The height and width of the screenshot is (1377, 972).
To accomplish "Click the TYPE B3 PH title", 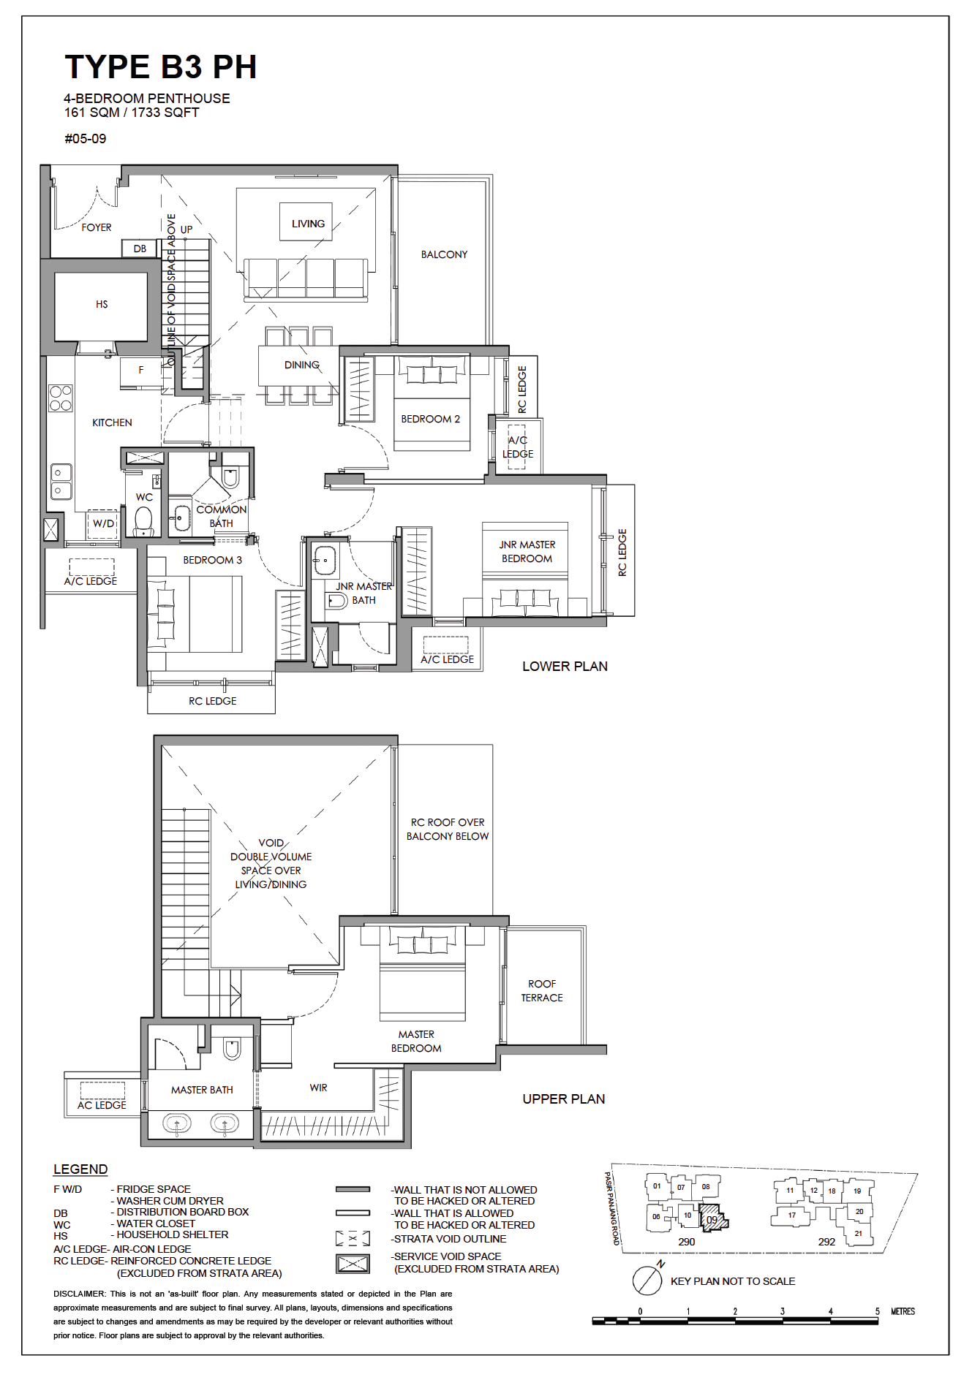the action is tap(161, 67).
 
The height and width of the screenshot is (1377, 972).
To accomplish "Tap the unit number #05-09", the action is tap(86, 139).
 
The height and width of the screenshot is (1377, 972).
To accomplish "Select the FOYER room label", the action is tap(97, 227).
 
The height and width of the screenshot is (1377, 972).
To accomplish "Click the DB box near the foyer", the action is tap(140, 249).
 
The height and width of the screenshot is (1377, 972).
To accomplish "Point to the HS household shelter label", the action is tap(102, 304).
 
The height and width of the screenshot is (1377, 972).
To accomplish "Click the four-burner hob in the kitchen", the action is tap(61, 398).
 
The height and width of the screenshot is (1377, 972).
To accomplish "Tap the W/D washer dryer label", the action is tap(103, 523).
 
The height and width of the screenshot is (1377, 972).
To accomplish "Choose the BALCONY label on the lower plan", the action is tap(444, 254).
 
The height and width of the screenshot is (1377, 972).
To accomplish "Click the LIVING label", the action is tap(308, 224).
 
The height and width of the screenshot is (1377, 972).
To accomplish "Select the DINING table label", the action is tap(302, 365).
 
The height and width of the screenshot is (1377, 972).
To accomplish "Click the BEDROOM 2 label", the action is tap(430, 419).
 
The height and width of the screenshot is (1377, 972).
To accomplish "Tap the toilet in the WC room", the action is tap(144, 522).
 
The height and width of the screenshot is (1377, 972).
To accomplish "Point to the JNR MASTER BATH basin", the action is tap(324, 561).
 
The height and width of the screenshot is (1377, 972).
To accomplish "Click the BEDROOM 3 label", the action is tap(212, 560).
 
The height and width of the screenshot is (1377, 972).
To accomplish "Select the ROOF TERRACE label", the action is tap(542, 990).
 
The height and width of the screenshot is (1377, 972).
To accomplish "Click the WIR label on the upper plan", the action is tap(318, 1088).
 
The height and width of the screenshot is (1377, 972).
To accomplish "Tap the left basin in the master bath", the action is tap(176, 1123).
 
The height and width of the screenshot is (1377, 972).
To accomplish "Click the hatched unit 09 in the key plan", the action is tap(713, 1219).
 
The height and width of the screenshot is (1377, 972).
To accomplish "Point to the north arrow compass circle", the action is tap(647, 1280).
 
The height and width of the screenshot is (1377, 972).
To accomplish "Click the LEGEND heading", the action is tap(80, 1169).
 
